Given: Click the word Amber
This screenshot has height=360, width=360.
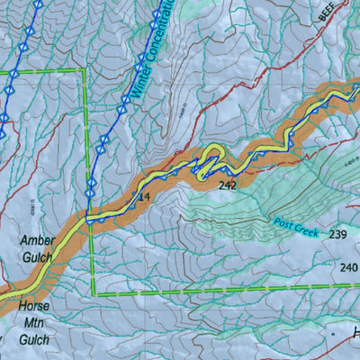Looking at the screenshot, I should tap(37, 240).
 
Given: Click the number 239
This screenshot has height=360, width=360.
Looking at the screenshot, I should tap(338, 234).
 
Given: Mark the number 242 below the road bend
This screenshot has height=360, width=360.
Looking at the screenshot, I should tap(227, 185).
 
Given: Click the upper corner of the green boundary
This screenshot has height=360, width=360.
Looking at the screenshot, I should tap(85, 70).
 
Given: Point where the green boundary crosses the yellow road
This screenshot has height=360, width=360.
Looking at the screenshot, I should tap(89, 217).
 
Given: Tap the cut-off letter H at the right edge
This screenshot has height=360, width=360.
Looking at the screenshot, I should tap(355, 335).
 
